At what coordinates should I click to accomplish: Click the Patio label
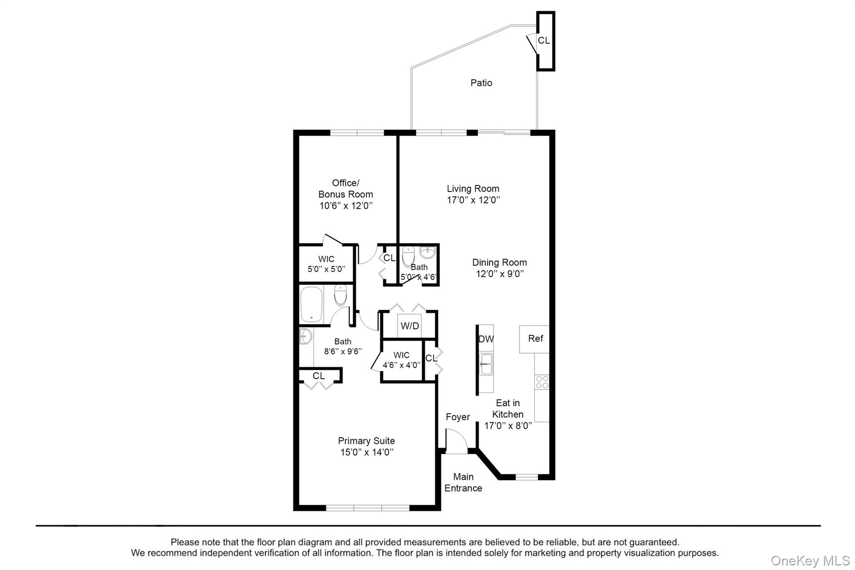coord(481,83)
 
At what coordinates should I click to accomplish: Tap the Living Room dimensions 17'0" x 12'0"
coord(473,200)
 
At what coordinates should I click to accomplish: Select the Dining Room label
coord(499,262)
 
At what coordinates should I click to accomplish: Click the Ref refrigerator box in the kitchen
coord(535,339)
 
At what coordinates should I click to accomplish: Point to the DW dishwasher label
coord(486,339)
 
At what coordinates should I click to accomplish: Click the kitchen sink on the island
coord(486,364)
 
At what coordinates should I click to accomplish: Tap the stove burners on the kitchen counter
coord(542,382)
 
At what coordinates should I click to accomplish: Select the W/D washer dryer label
coord(410,326)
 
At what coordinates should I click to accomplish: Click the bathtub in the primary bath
coord(311,304)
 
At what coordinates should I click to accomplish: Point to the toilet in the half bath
coord(408,256)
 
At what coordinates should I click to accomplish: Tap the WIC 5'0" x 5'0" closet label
coord(326,264)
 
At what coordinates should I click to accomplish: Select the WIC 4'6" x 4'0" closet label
coord(401,360)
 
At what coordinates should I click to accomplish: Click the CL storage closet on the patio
coord(544,41)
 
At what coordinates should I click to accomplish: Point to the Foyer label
coord(458,417)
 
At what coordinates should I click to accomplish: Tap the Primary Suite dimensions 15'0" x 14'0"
coord(367,452)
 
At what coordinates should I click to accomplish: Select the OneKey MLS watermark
coord(810,560)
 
